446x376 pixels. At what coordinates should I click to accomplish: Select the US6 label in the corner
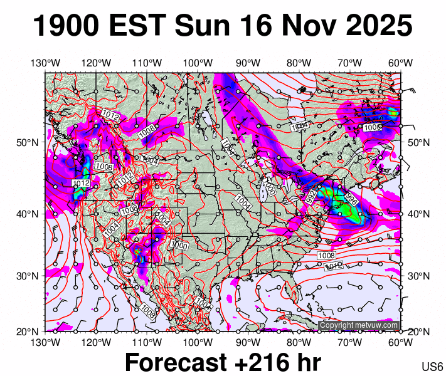[x=432, y=367]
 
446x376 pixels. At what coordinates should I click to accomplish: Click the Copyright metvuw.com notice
[x=359, y=325]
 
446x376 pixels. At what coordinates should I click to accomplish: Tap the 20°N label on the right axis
[x=418, y=332]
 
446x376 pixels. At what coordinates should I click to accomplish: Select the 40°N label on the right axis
[x=418, y=214]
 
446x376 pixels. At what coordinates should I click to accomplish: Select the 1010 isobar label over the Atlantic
[x=334, y=266]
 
